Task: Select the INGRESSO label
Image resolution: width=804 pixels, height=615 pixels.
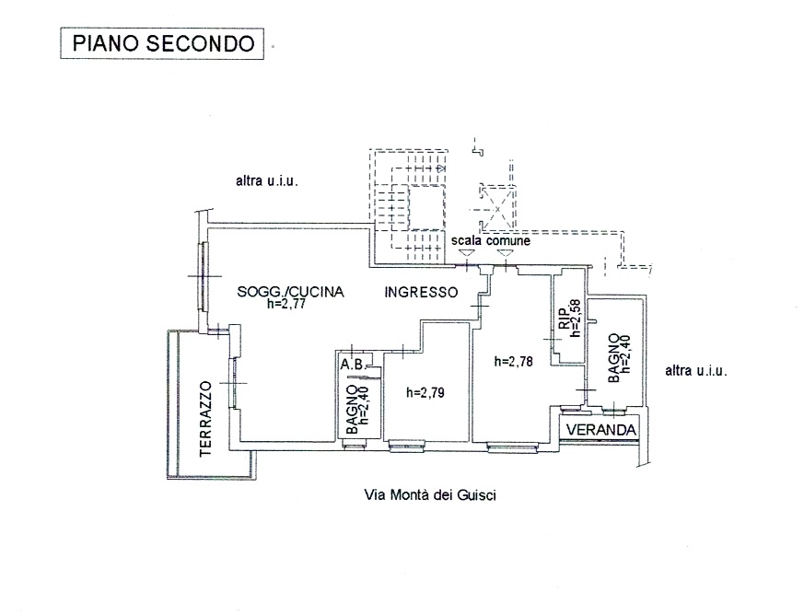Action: coord(421,293)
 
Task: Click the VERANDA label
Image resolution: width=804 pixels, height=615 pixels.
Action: coord(600,430)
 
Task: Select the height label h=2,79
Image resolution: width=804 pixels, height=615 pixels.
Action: coord(425,392)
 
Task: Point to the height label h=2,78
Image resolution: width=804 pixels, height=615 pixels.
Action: coord(513,362)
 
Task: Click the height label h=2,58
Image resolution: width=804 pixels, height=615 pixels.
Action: coord(575,319)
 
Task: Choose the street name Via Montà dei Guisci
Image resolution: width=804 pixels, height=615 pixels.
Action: coord(430,494)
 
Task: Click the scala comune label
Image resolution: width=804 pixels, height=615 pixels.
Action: coord(490,240)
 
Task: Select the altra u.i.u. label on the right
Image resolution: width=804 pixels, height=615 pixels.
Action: coord(696,372)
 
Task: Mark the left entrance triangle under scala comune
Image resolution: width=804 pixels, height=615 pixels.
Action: coord(467,253)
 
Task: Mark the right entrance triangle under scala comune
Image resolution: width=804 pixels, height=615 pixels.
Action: coord(503,253)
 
